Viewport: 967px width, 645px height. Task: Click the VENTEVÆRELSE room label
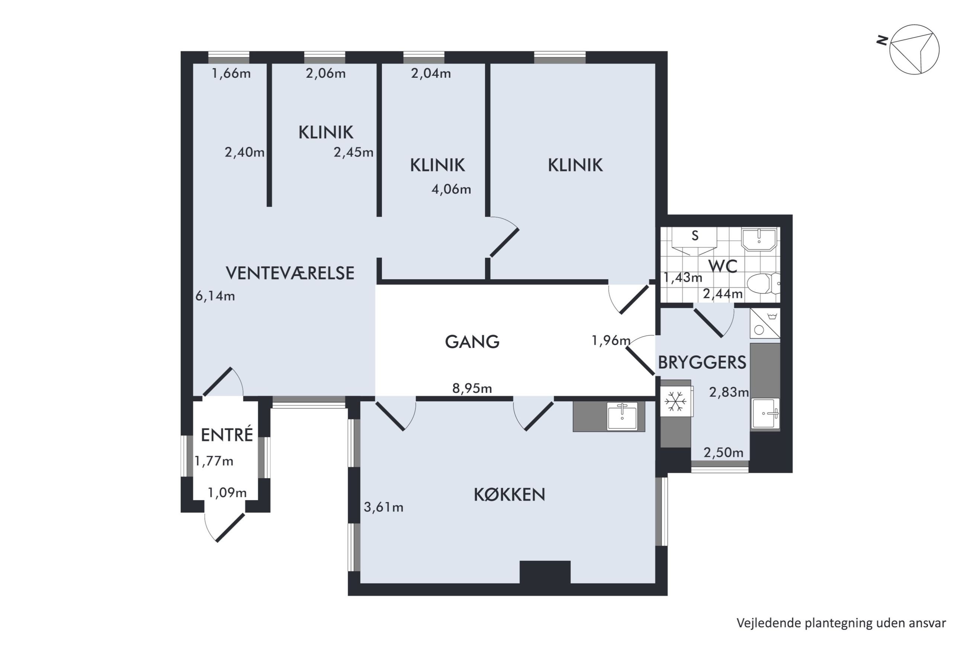click(290, 273)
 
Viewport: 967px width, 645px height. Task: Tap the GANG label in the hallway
click(472, 341)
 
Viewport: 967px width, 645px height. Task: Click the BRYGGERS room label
click(702, 363)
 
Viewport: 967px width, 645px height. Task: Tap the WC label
click(723, 266)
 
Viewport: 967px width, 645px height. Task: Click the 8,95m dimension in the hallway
click(472, 388)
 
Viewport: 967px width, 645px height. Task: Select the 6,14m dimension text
click(215, 296)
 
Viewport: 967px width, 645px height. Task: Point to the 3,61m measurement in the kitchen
click(383, 507)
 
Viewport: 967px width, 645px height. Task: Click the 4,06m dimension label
click(451, 189)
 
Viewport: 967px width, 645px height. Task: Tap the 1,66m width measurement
click(231, 74)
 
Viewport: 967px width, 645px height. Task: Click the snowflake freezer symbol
click(676, 401)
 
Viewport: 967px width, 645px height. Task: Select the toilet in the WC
click(763, 284)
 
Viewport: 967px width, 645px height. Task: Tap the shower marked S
click(694, 241)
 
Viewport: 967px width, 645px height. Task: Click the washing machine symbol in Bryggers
click(764, 323)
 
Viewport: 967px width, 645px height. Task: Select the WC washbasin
click(759, 239)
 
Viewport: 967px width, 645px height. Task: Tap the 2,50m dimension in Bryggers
click(723, 453)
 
